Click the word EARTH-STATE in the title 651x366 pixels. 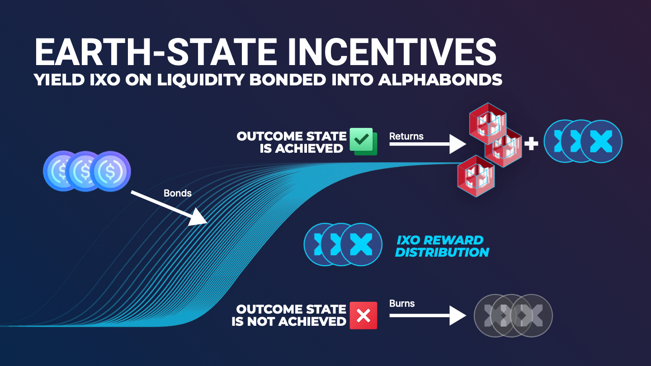[x=156, y=52]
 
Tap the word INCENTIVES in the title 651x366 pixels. [x=392, y=52]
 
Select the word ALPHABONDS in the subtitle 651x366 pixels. [x=440, y=80]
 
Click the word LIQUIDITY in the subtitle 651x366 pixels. [x=201, y=80]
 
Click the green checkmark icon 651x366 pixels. [x=363, y=141]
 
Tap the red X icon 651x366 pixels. [x=363, y=315]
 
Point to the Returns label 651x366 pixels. [x=406, y=136]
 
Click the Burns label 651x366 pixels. [x=402, y=304]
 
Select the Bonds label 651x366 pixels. [x=178, y=193]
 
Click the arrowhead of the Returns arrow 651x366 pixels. [x=458, y=144]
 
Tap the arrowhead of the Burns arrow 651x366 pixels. [x=458, y=315]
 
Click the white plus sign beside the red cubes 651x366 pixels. [x=531, y=144]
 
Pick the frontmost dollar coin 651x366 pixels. [x=110, y=171]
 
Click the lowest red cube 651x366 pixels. [x=476, y=176]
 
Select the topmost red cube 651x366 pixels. [x=488, y=123]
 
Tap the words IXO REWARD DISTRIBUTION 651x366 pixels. [x=442, y=246]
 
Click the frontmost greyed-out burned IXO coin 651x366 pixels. [x=531, y=315]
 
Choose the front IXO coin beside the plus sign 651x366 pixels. [x=601, y=141]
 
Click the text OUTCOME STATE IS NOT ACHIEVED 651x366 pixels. [x=289, y=315]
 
